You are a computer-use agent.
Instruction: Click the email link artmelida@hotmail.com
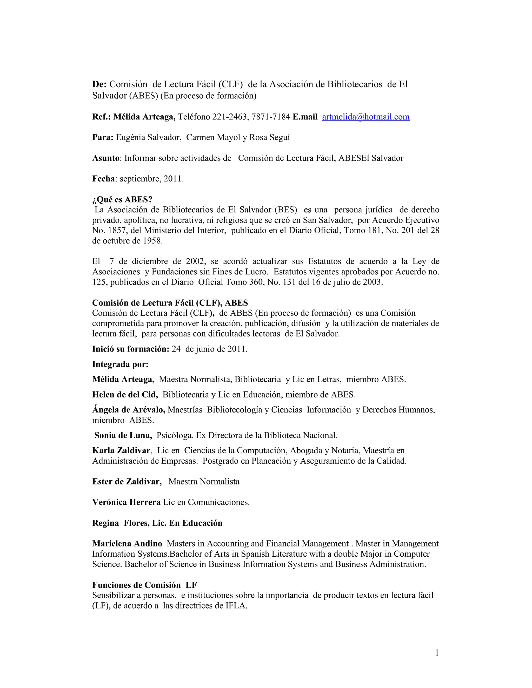(365, 117)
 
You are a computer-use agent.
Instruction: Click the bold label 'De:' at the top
(99, 84)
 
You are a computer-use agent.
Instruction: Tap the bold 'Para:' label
(102, 137)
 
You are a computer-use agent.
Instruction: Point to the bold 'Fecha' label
(103, 179)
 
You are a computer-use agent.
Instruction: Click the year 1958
(152, 241)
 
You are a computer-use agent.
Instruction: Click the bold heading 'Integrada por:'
(120, 364)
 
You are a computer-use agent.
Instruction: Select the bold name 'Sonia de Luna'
(123, 435)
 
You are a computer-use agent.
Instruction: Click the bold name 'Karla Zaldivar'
(121, 450)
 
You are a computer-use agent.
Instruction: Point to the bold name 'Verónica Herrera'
(127, 502)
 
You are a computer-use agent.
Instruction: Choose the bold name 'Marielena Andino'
(127, 543)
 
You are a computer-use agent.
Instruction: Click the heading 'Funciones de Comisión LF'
(144, 585)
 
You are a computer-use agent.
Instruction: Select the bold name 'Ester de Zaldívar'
(127, 481)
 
